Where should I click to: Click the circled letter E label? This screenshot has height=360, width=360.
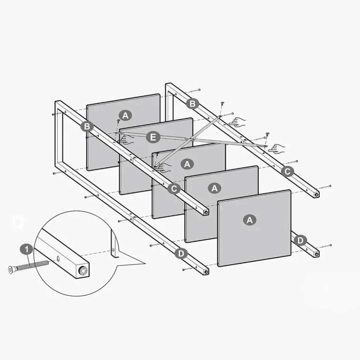point(153,137)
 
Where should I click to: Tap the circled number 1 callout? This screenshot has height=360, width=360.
point(27,249)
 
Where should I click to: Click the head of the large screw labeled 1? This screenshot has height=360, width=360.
point(10,270)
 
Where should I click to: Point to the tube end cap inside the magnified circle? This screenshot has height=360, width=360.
point(83,271)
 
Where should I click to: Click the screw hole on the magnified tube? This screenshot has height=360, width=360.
point(58,259)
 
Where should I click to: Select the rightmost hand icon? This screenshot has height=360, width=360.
point(277,149)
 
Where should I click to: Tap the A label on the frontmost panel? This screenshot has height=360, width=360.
point(250,220)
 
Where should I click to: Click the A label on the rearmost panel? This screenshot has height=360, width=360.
point(125,115)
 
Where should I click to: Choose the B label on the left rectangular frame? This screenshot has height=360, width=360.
point(87,126)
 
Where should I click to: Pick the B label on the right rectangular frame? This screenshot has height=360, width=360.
point(192,103)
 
